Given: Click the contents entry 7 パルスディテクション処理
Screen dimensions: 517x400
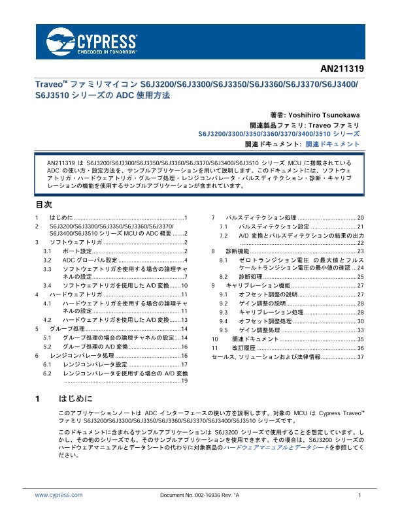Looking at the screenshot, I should tap(288, 217).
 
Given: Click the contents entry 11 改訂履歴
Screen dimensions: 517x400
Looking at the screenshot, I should tap(288, 349).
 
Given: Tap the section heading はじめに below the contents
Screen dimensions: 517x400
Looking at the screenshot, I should tap(76, 398).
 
